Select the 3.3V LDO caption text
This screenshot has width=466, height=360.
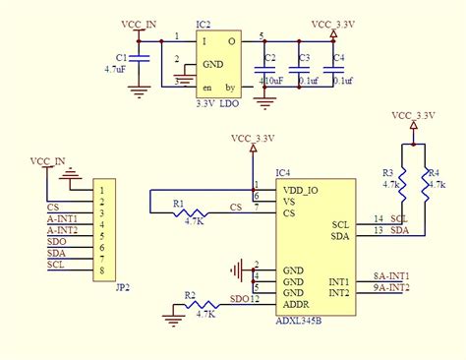[216, 103]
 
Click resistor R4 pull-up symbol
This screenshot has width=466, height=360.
[426, 184]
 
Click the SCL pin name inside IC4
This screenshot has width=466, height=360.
[339, 223]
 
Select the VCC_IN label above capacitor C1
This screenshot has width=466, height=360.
[137, 22]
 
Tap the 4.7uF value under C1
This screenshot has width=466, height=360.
[114, 70]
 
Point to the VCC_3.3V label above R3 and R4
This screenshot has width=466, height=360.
[415, 115]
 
